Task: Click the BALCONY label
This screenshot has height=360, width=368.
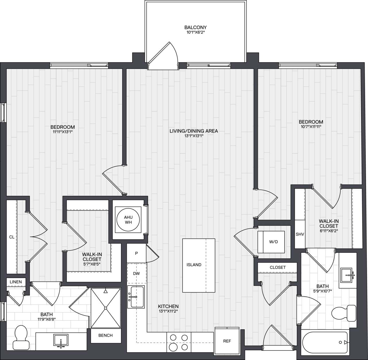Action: pos(195,28)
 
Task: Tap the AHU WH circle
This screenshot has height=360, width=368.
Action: pos(128,220)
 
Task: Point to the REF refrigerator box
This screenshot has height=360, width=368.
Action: pos(227,341)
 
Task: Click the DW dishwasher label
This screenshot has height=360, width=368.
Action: pos(136,273)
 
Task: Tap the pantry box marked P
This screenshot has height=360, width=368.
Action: pos(136,253)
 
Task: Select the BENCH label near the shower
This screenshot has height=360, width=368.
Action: pos(106,335)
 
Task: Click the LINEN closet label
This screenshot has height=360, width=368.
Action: pos(16,282)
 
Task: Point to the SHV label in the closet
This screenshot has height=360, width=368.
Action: pos(300,234)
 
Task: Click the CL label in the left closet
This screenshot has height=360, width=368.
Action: pos(11,237)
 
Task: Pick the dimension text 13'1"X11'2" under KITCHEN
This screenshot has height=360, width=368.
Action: pos(168,311)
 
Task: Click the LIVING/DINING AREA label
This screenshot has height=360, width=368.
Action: pos(193,131)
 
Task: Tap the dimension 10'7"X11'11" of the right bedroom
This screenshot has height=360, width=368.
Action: pos(310,127)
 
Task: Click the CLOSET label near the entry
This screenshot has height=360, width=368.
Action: pos(277,267)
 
